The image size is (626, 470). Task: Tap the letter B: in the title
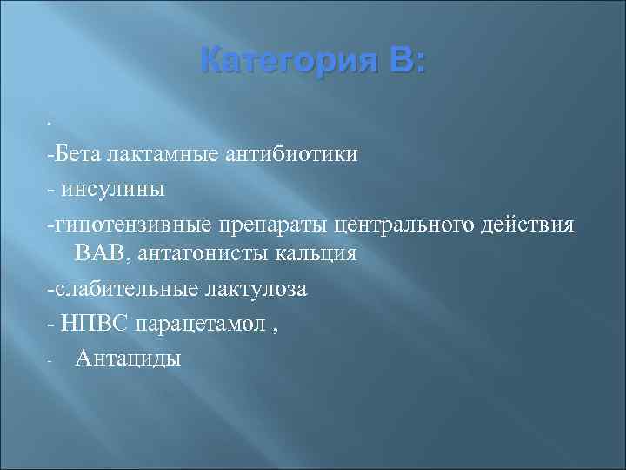coord(404,62)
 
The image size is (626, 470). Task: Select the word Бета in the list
coord(77,154)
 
